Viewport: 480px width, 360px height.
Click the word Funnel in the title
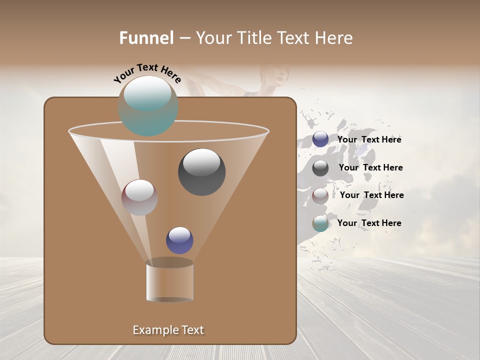pyautogui.click(x=146, y=38)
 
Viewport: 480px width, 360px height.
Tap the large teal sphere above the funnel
pyautogui.click(x=148, y=106)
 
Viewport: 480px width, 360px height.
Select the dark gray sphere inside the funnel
pyautogui.click(x=202, y=172)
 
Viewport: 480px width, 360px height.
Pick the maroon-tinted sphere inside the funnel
pyautogui.click(x=139, y=197)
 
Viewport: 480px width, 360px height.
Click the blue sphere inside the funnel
pyautogui.click(x=179, y=240)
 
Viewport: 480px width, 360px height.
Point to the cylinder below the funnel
pyautogui.click(x=169, y=281)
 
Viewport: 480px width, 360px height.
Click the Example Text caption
pyautogui.click(x=168, y=330)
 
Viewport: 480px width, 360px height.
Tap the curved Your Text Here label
pyautogui.click(x=147, y=74)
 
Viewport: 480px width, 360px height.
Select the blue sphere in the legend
pyautogui.click(x=320, y=139)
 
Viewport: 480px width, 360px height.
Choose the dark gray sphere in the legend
pyautogui.click(x=320, y=168)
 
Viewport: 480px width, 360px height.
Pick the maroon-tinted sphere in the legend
pyautogui.click(x=320, y=195)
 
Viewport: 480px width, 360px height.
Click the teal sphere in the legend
pyautogui.click(x=320, y=223)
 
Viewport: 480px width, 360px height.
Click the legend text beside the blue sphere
pyautogui.click(x=369, y=139)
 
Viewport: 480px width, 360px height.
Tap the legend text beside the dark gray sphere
pyautogui.click(x=370, y=167)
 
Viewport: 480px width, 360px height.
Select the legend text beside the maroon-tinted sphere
pyautogui.click(x=371, y=195)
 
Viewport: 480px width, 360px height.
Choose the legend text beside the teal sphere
pyautogui.click(x=369, y=223)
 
